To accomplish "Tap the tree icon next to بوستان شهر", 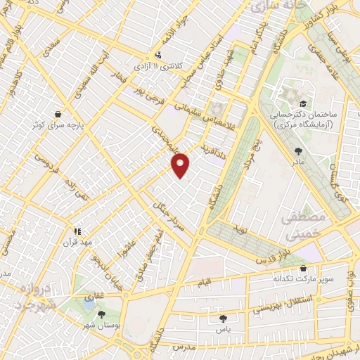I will (x=103, y=315).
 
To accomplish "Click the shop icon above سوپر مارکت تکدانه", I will (x=303, y=268).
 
